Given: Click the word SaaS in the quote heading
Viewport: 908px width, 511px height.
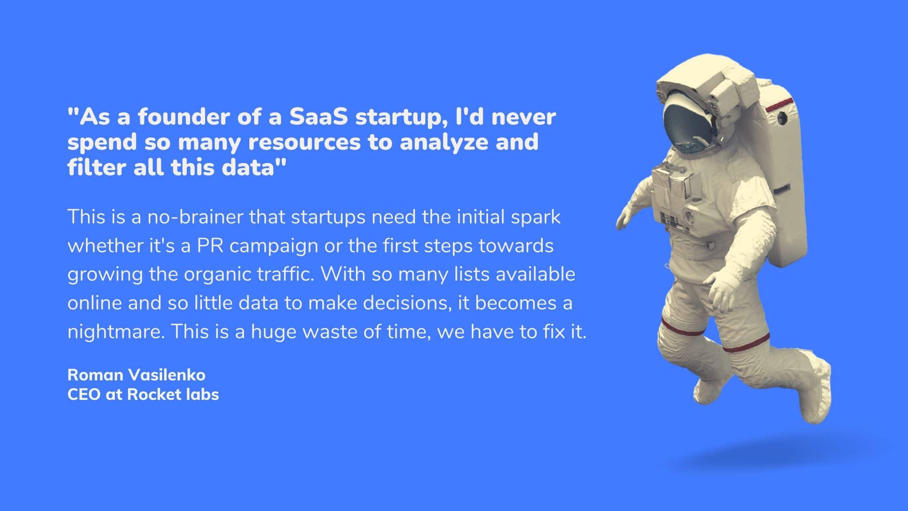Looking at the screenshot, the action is point(318,117).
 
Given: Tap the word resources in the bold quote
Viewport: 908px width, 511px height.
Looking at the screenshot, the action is point(304,142).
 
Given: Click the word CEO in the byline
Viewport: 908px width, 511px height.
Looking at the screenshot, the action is point(84,394).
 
